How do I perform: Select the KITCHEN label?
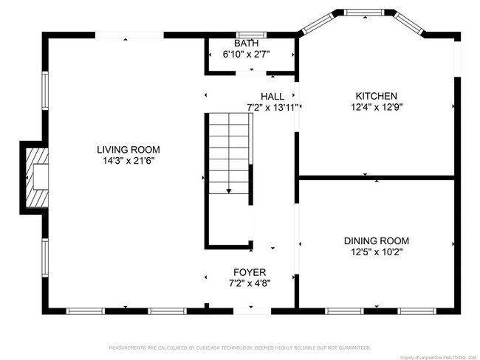click(377, 96)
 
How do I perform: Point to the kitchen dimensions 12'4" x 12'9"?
click(377, 106)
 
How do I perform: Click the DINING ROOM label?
click(377, 240)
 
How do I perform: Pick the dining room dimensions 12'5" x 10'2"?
click(377, 251)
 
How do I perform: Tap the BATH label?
click(247, 44)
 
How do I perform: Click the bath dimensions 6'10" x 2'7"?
click(247, 54)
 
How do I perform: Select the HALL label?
click(272, 97)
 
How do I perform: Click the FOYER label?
click(249, 272)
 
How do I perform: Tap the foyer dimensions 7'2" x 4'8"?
click(249, 283)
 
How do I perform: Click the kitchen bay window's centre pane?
click(365, 13)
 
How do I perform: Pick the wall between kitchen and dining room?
click(377, 177)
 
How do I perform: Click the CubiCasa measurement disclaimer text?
click(240, 347)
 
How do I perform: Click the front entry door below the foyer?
click(252, 309)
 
